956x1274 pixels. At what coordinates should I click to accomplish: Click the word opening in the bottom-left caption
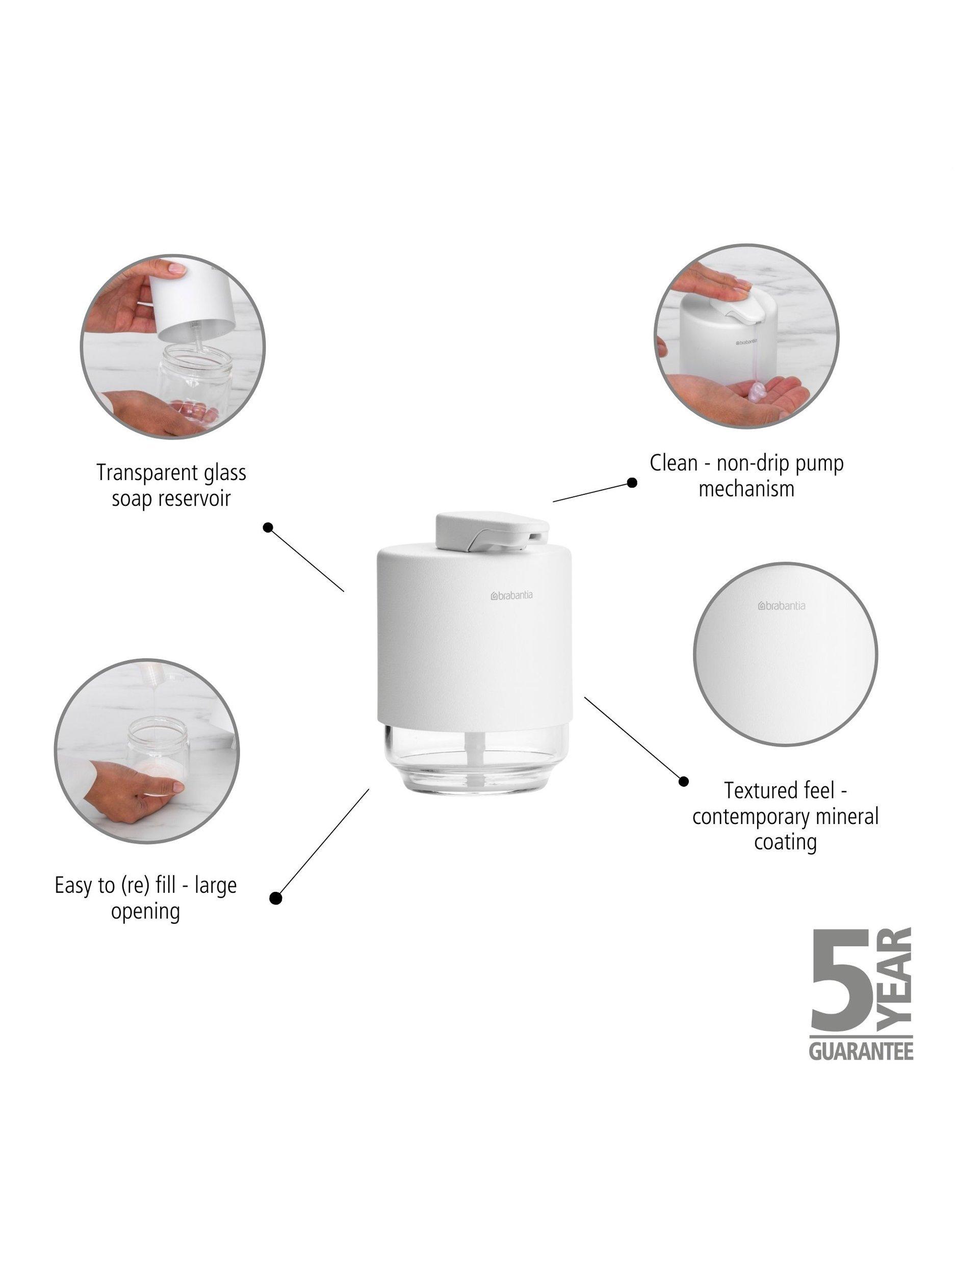[x=145, y=912]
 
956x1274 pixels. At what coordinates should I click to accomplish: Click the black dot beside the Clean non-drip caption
[x=632, y=483]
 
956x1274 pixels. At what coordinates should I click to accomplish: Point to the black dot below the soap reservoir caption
[x=267, y=527]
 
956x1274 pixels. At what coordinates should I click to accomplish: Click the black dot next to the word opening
[x=276, y=898]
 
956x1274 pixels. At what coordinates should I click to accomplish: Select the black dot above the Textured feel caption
[x=683, y=782]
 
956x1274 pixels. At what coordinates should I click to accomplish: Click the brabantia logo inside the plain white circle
[x=782, y=606]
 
